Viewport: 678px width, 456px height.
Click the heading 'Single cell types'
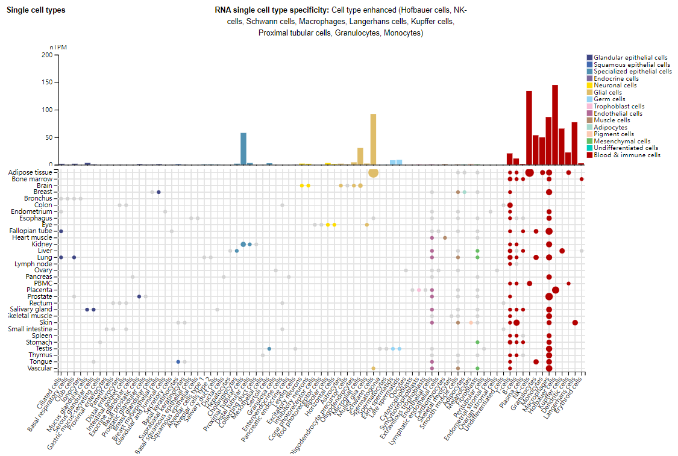pyautogui.click(x=36, y=10)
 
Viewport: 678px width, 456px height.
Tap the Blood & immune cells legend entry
pyautogui.click(x=627, y=155)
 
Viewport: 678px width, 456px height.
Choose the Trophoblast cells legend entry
pyautogui.click(x=619, y=106)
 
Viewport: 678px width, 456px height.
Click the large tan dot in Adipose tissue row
pyautogui.click(x=373, y=173)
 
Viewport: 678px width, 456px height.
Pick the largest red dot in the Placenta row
pyautogui.click(x=556, y=290)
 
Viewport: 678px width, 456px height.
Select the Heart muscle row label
pyautogui.click(x=36, y=237)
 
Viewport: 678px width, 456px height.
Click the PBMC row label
pyautogui.click(x=43, y=283)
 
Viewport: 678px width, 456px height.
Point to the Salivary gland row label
pyautogui.click(x=34, y=309)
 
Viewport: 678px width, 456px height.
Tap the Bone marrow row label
pyautogui.click(x=35, y=179)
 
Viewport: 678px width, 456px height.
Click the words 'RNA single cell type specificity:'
pyautogui.click(x=272, y=10)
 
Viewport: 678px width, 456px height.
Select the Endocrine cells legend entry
pyautogui.click(x=616, y=78)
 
